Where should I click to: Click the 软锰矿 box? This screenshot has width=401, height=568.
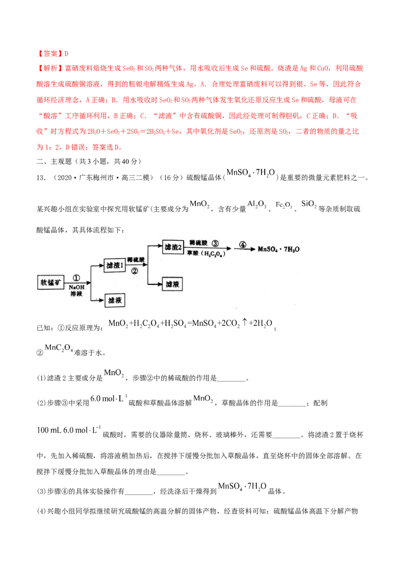coord(51,282)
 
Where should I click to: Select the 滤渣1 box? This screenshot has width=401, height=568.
coord(114,266)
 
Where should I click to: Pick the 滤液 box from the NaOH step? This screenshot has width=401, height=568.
coord(114,300)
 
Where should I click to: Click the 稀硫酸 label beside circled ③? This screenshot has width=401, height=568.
coord(199,242)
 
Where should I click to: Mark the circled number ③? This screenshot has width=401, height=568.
coord(216,243)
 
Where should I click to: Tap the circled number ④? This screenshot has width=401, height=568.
coord(243,245)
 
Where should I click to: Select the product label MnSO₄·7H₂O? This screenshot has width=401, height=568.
coord(279,248)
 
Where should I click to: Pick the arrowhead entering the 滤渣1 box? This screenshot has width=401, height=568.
coord(102,266)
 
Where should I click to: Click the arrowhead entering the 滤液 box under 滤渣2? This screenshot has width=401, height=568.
coord(161,284)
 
